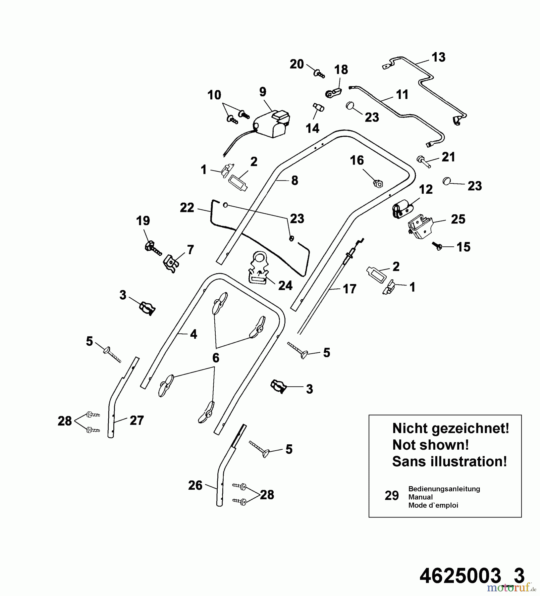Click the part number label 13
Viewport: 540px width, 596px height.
coord(438,57)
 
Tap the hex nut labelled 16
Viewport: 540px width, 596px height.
coord(378,183)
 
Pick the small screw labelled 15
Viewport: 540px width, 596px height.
coord(437,246)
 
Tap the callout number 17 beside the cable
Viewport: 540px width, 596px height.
coord(350,289)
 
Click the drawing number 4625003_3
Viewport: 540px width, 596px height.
coord(472,576)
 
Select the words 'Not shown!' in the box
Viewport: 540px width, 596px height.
coord(430,445)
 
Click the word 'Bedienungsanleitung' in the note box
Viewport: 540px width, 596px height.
coord(444,489)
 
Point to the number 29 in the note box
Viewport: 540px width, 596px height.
coord(392,496)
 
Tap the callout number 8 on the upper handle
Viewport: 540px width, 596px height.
coord(295,180)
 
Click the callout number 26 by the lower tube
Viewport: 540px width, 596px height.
coord(195,485)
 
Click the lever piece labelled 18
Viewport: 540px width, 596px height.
coord(333,93)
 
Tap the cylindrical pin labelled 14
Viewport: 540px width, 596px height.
coord(318,108)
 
